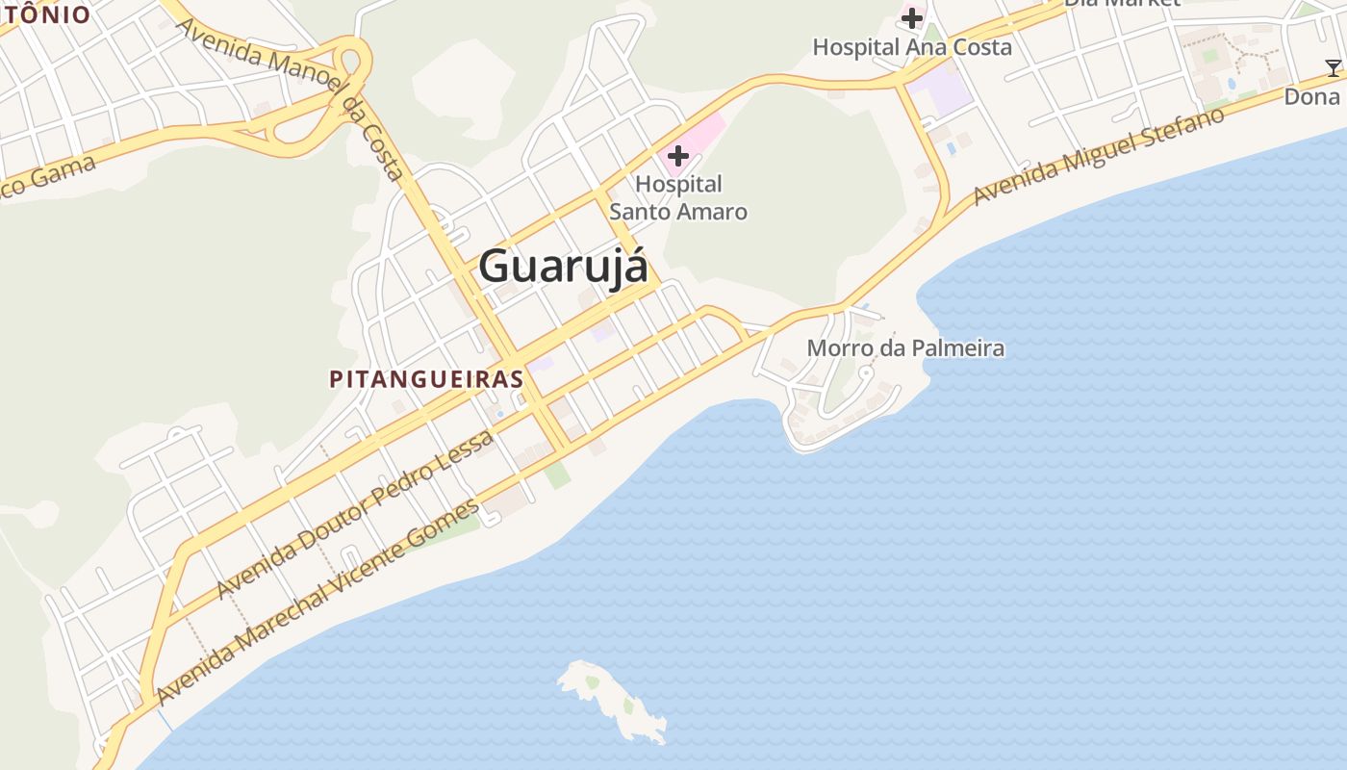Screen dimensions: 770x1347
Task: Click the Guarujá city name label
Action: point(563,266)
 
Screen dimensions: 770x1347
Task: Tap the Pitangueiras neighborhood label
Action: point(426,379)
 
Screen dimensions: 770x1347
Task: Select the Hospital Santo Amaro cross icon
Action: point(677,156)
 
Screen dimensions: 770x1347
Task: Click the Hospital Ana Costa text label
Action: point(911,47)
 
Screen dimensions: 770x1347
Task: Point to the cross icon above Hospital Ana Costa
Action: point(911,17)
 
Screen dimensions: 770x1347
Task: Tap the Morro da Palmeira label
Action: point(905,348)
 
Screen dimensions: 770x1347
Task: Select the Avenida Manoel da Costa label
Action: point(291,98)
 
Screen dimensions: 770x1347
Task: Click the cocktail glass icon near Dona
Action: point(1333,67)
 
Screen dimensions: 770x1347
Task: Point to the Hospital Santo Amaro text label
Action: point(678,197)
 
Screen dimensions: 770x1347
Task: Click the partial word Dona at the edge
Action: point(1312,97)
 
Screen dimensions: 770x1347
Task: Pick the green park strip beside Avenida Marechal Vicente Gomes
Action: point(452,527)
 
